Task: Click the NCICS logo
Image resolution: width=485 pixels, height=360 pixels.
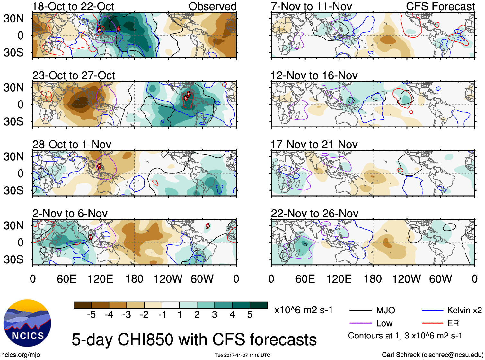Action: [27, 323]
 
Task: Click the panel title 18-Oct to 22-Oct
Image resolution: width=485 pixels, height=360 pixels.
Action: [73, 7]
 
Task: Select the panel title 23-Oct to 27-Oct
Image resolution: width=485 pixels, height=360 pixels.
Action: [74, 75]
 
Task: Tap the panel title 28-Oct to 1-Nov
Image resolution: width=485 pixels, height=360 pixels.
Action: [72, 145]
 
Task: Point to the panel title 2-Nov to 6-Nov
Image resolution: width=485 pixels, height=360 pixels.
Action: [70, 214]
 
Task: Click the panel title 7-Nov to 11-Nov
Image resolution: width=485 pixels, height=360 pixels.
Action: [311, 7]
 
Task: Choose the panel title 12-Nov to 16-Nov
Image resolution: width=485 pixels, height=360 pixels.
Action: [314, 75]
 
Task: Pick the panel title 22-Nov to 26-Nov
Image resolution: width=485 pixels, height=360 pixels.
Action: [314, 214]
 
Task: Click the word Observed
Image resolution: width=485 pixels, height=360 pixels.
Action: [212, 6]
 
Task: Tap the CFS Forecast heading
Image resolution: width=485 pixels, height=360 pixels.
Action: [440, 6]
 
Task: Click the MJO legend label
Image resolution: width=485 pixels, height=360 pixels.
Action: [385, 310]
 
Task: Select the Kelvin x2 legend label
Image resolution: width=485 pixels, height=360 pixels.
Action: [464, 310]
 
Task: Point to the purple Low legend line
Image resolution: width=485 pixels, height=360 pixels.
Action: [360, 323]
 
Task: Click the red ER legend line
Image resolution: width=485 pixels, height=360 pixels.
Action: [432, 323]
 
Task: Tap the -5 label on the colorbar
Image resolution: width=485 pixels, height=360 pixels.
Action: [91, 315]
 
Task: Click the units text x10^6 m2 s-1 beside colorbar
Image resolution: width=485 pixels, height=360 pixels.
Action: [303, 310]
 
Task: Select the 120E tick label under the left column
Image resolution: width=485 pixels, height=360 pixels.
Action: [101, 279]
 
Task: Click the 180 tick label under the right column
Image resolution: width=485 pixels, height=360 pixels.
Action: [373, 279]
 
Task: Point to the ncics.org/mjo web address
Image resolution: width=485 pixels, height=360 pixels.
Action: [21, 355]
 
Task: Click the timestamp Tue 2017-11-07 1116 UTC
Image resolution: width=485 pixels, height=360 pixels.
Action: [242, 355]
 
